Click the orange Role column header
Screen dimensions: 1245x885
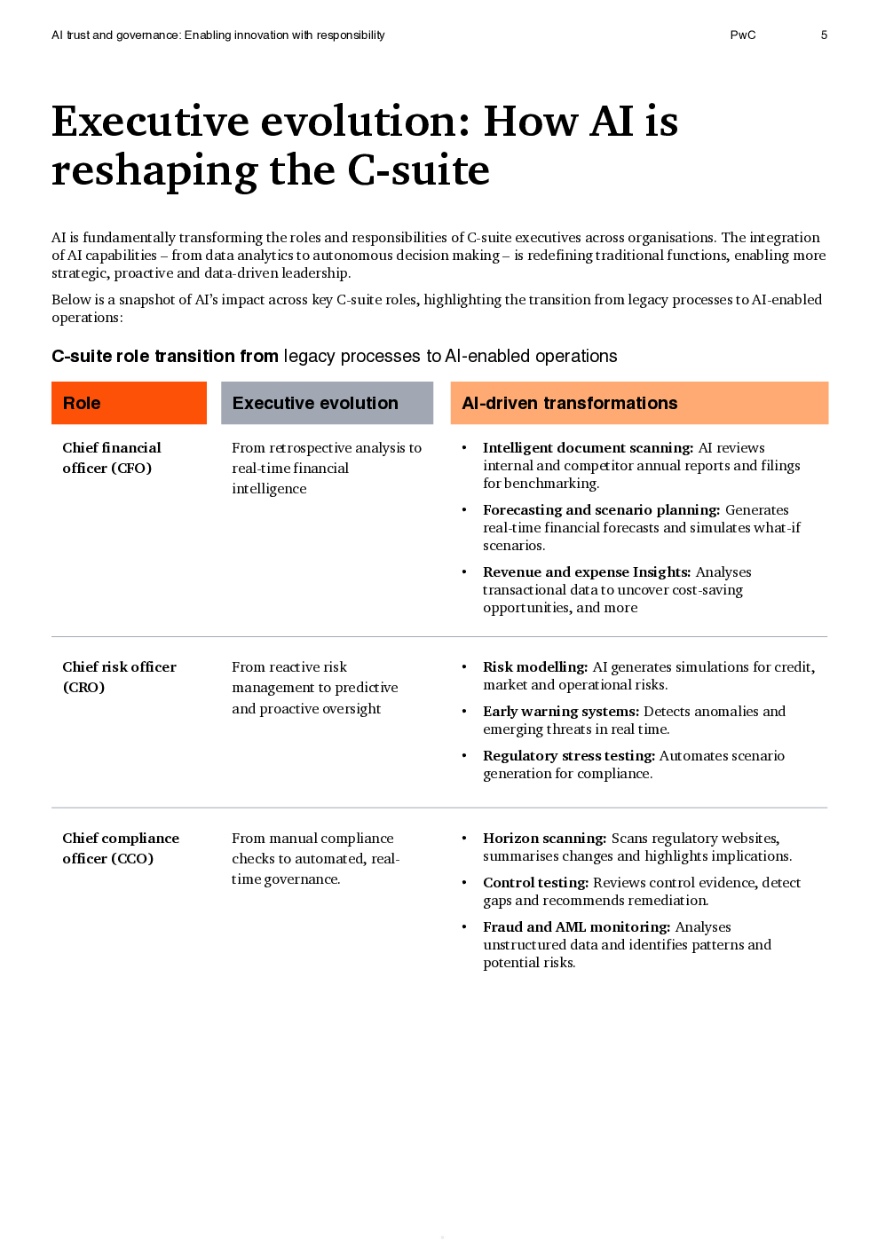tap(129, 403)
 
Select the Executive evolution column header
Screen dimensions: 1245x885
tap(327, 403)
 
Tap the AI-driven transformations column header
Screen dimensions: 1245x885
tap(639, 403)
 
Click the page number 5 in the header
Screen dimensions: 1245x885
tap(824, 35)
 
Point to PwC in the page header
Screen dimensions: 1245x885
tap(743, 35)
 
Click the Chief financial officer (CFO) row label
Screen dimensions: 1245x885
tap(111, 458)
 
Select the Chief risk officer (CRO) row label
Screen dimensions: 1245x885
tap(119, 676)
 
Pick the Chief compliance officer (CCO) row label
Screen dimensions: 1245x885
tap(120, 847)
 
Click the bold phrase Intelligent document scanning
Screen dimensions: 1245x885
tap(588, 448)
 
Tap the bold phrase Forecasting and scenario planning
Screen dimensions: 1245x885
tap(601, 510)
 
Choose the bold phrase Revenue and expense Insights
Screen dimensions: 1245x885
tap(586, 572)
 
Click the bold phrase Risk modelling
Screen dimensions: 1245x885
tap(534, 667)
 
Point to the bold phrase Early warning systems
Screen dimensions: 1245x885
tap(560, 712)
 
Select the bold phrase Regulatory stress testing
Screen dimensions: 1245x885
tap(568, 756)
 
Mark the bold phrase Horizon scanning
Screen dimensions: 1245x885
tap(544, 839)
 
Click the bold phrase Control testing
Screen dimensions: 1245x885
tap(535, 883)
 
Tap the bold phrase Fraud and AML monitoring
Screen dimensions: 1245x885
tap(576, 927)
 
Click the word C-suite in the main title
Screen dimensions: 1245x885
tap(418, 170)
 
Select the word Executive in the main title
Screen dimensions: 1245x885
tap(150, 122)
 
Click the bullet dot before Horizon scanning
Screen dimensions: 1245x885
tap(464, 839)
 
